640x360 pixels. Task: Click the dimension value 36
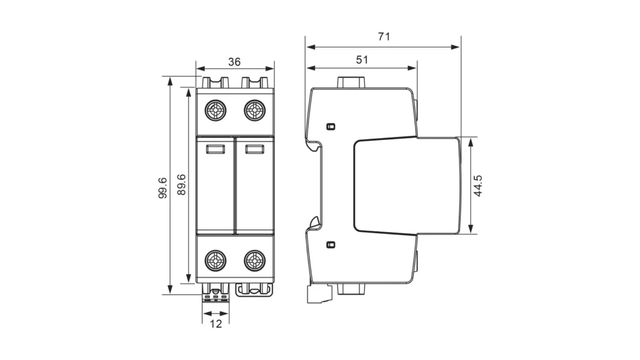click(x=234, y=61)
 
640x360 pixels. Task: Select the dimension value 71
click(x=383, y=36)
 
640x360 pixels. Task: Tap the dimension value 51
click(x=361, y=59)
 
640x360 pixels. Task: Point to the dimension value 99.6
click(x=162, y=187)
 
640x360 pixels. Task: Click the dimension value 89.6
click(x=181, y=185)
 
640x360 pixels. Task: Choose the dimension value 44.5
click(x=478, y=186)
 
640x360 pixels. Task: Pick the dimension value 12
click(x=216, y=324)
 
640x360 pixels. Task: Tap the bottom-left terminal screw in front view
click(x=216, y=259)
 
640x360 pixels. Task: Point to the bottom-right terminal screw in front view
click(x=254, y=259)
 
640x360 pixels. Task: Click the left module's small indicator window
click(x=215, y=149)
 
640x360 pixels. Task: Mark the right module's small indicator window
click(x=253, y=149)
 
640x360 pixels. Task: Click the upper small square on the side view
click(x=331, y=126)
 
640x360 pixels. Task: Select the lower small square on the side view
click(x=331, y=244)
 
